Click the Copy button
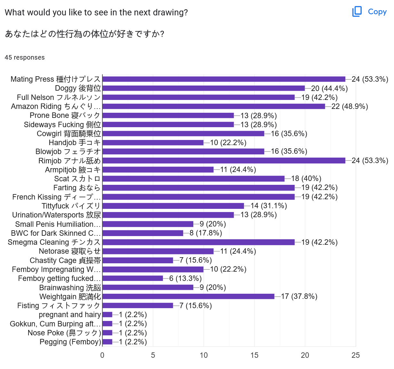point(370,12)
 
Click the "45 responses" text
point(25,58)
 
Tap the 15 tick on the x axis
point(254,355)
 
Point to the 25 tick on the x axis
point(356,355)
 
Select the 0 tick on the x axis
point(102,355)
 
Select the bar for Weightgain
point(188,297)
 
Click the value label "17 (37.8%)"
point(299,297)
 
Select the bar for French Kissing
point(198,197)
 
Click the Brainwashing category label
point(70,288)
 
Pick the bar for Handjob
point(153,143)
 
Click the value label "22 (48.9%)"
point(350,106)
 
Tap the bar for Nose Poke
point(108,333)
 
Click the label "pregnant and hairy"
point(70,315)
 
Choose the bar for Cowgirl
point(183,134)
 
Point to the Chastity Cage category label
point(65,260)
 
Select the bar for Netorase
point(158,251)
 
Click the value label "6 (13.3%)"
point(186,279)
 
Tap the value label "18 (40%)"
point(306,179)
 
